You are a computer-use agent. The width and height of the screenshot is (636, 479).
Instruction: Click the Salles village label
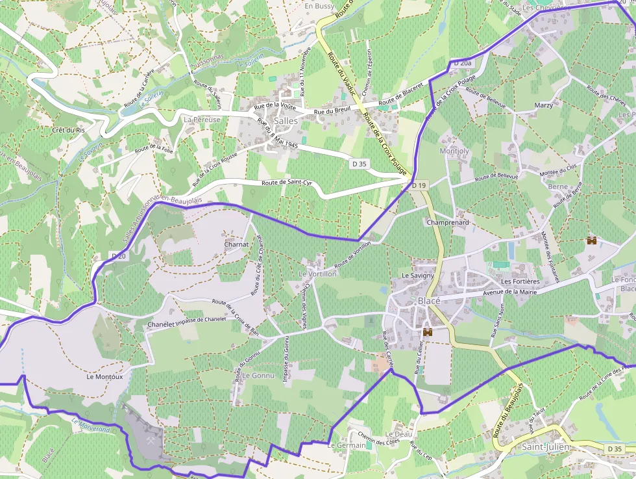(286, 121)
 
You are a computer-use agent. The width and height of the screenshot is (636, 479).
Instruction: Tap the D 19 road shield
(419, 186)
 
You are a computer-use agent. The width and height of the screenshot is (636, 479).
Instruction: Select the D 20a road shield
(462, 62)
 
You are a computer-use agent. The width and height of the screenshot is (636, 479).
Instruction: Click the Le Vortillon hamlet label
(317, 274)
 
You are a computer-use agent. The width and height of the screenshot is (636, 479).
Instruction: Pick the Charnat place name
(236, 244)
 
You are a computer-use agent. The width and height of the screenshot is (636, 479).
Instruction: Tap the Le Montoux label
(104, 376)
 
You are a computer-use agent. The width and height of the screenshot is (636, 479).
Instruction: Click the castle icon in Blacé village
(428, 332)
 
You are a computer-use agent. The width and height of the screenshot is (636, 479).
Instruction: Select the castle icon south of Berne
(592, 240)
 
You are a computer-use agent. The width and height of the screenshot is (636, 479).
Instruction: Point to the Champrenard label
(448, 222)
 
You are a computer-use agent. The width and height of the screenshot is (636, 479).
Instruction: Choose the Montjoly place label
(454, 151)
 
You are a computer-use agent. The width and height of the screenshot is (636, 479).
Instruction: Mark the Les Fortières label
(520, 281)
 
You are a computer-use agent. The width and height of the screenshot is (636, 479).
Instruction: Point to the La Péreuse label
(202, 120)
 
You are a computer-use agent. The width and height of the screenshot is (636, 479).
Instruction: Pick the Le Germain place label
(347, 446)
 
